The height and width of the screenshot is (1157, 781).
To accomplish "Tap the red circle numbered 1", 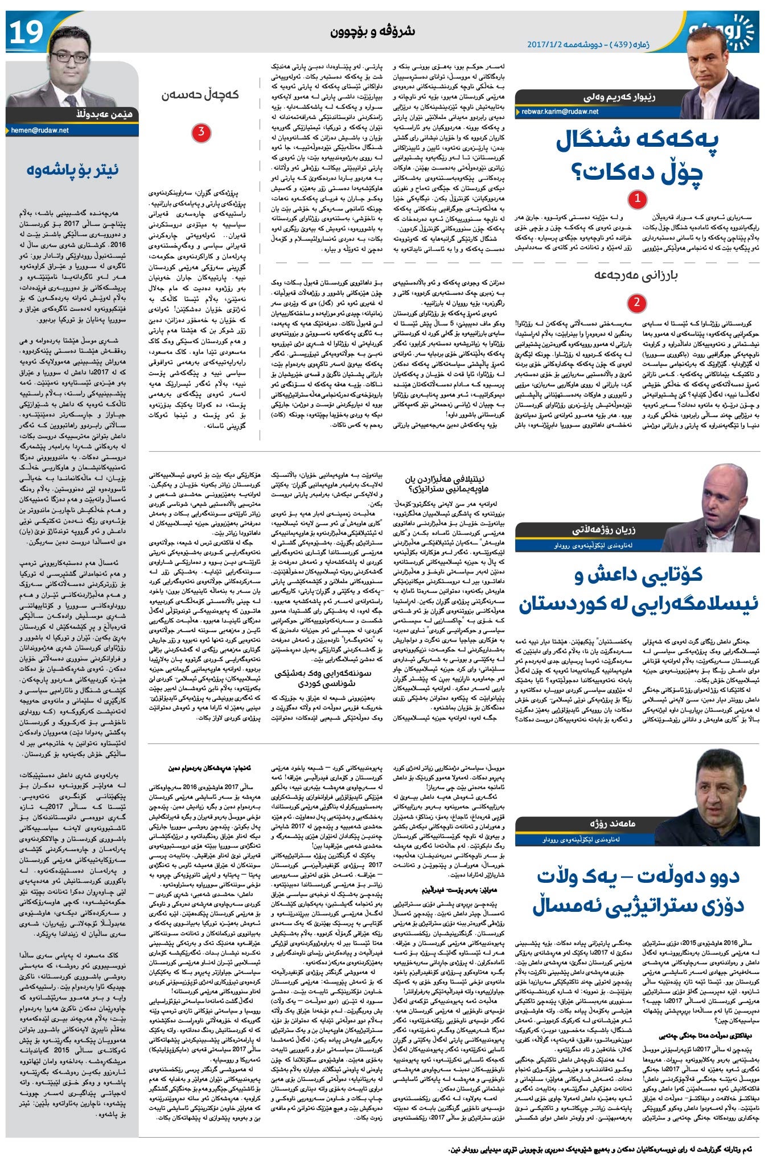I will [x=637, y=199].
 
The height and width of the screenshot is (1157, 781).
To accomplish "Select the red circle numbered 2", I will [x=637, y=302].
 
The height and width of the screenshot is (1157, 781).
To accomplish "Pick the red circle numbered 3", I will [x=201, y=133].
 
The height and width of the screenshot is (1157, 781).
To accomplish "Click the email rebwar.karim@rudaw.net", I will [x=560, y=111].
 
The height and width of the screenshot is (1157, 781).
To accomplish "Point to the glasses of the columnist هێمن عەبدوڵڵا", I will [x=73, y=57].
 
